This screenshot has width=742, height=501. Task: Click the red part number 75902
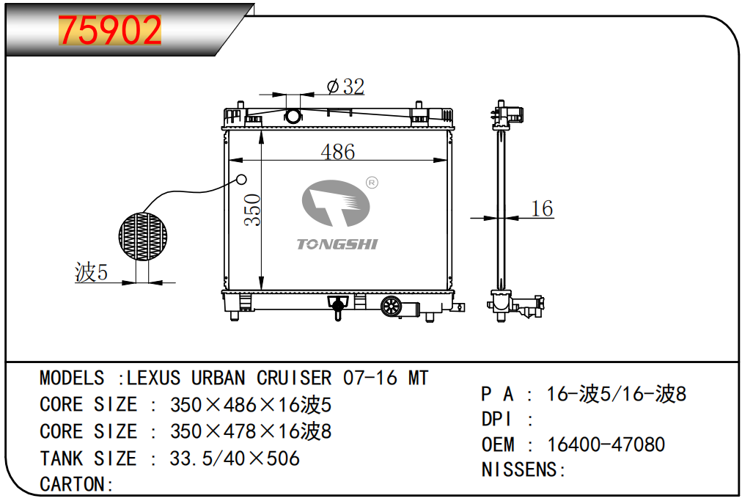coord(110,30)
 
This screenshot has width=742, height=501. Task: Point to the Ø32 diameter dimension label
coord(345,87)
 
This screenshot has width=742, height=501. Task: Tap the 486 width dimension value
coord(338,152)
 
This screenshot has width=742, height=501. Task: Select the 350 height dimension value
coord(253,210)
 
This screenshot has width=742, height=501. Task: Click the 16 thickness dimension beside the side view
coord(543,208)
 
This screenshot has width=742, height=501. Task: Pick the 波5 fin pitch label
coord(92,272)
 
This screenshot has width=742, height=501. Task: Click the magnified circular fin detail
coord(142,236)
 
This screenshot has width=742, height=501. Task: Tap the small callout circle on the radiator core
coord(241,180)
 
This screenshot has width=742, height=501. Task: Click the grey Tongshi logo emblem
coord(336,203)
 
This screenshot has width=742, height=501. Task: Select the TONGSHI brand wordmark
coord(337,244)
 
